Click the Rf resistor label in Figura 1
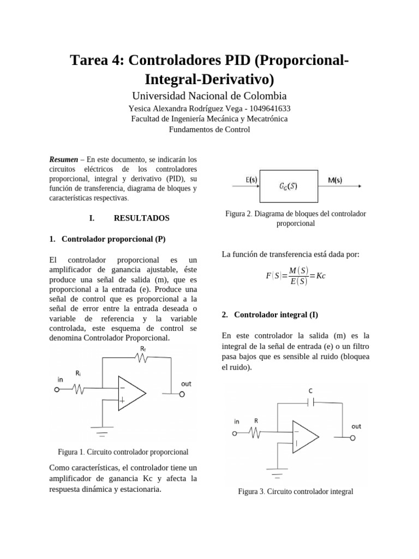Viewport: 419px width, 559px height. tap(143, 348)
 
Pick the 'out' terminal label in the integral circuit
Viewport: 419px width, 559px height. tap(356, 426)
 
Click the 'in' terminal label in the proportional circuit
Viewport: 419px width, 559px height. tap(60, 378)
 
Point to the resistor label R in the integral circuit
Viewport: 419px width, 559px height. tap(255, 420)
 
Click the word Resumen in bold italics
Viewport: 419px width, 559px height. tap(64, 160)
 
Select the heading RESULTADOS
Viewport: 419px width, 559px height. tap(141, 218)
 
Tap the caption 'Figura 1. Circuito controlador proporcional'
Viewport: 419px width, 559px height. tap(123, 451)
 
